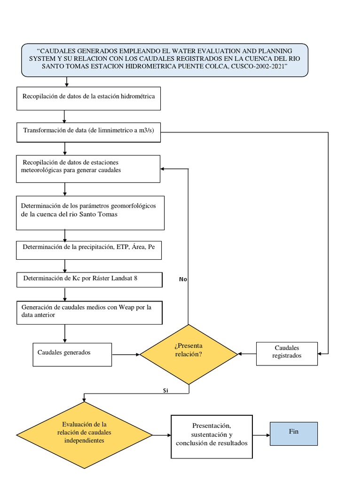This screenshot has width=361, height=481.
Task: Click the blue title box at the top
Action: pyautogui.click(x=165, y=60)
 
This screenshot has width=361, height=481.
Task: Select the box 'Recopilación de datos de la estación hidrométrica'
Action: pyautogui.click(x=88, y=98)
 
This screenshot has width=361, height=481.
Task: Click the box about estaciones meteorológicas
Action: pyautogui.click(x=88, y=168)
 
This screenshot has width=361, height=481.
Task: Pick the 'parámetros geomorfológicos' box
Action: pyautogui.click(x=90, y=213)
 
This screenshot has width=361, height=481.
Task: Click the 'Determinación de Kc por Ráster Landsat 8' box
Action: pyautogui.click(x=89, y=280)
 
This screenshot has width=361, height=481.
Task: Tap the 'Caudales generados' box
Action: pyautogui.click(x=72, y=354)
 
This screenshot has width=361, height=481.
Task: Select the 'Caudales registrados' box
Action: pyautogui.click(x=287, y=353)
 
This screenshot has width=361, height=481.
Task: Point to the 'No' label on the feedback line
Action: pyautogui.click(x=183, y=279)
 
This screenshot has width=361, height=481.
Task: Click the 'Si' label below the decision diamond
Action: pyautogui.click(x=165, y=390)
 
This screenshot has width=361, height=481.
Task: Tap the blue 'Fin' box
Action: pyautogui.click(x=294, y=434)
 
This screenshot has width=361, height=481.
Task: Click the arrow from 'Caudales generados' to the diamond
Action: pyautogui.click(x=126, y=354)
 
